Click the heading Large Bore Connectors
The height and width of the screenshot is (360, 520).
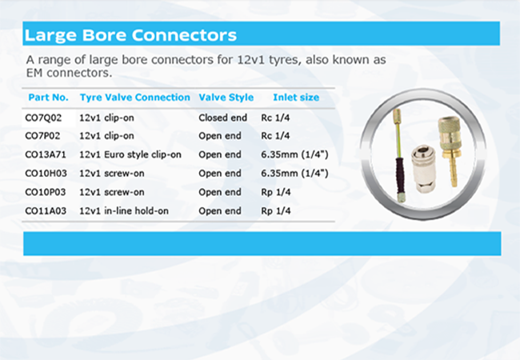tap(130, 35)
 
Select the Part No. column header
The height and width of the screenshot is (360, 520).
tap(49, 98)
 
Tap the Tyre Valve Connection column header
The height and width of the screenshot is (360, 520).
tap(135, 98)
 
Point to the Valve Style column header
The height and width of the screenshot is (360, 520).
tap(226, 98)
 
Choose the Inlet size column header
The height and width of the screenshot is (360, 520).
tap(296, 98)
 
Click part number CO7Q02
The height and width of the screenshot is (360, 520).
tap(43, 118)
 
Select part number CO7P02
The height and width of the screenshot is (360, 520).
tap(42, 136)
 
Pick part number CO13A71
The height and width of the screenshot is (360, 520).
tap(46, 154)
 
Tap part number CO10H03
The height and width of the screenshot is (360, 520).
tap(46, 174)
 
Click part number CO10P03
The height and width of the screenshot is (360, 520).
tap(46, 192)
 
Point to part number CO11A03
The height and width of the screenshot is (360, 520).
tap(46, 211)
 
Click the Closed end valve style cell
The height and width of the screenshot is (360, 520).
tap(223, 118)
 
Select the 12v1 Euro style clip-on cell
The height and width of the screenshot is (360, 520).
tap(130, 154)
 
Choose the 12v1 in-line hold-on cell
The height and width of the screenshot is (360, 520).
tap(124, 211)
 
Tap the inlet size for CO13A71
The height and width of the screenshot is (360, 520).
tap(294, 154)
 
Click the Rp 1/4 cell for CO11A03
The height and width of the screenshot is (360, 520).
tap(276, 211)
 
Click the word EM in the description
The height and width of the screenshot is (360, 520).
tap(35, 73)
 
